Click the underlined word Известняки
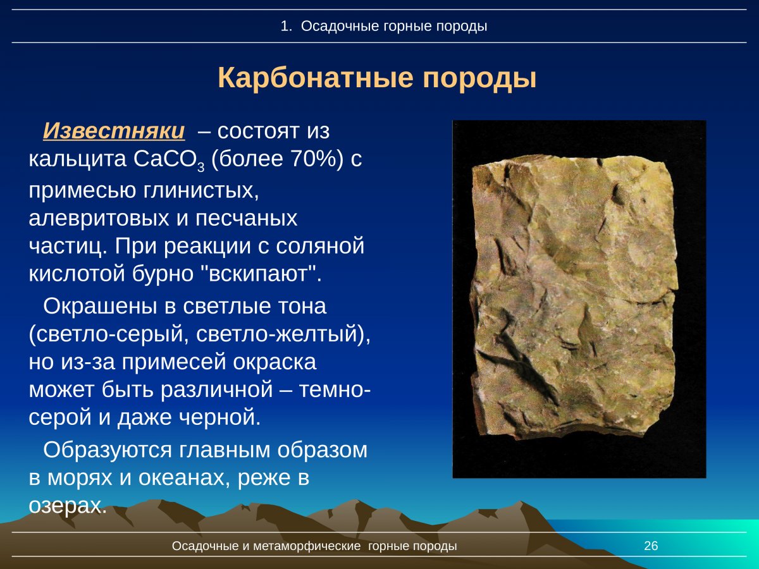(x=114, y=131)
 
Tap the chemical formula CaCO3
(x=169, y=160)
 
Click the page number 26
(x=651, y=546)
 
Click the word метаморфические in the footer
(x=307, y=546)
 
